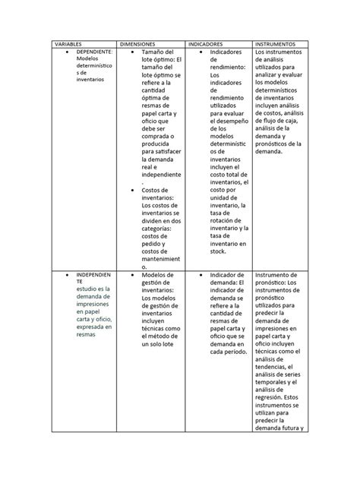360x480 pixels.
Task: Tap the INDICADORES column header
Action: (207, 44)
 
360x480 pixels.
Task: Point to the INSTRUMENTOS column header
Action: (277, 44)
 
